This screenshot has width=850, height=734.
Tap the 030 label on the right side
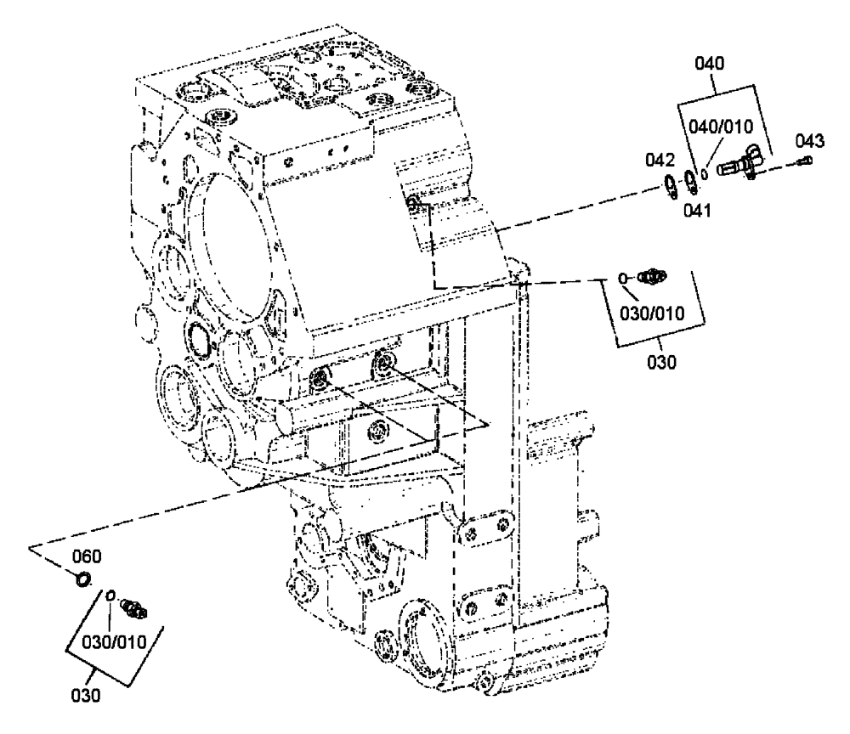tap(662, 362)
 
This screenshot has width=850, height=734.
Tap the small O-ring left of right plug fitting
tap(623, 277)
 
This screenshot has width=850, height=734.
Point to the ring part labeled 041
tap(692, 181)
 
